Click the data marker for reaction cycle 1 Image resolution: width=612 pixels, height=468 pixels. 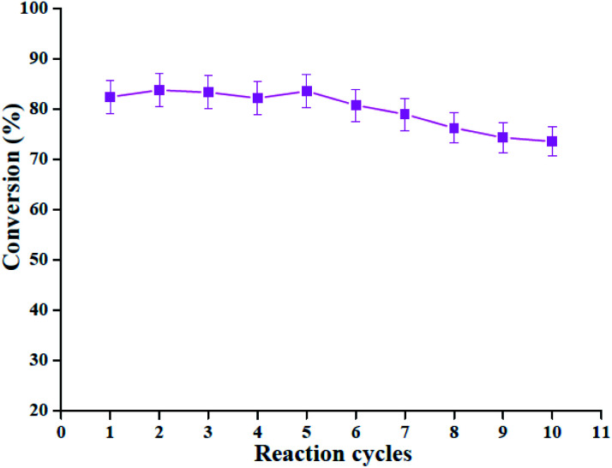pyautogui.click(x=110, y=97)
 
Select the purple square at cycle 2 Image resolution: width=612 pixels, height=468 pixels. pyautogui.click(x=159, y=90)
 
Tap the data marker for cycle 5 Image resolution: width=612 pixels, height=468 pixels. pyautogui.click(x=307, y=91)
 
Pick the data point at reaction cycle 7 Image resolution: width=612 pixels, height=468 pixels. pyautogui.click(x=405, y=114)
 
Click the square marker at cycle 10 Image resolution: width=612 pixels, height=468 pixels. pyautogui.click(x=552, y=141)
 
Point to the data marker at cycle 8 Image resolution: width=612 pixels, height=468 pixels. pyautogui.click(x=454, y=128)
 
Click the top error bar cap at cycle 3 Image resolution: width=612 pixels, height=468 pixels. pyautogui.click(x=208, y=75)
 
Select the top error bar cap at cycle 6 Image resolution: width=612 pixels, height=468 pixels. pyautogui.click(x=356, y=89)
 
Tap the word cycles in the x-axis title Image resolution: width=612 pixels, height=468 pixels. pyautogui.click(x=377, y=453)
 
